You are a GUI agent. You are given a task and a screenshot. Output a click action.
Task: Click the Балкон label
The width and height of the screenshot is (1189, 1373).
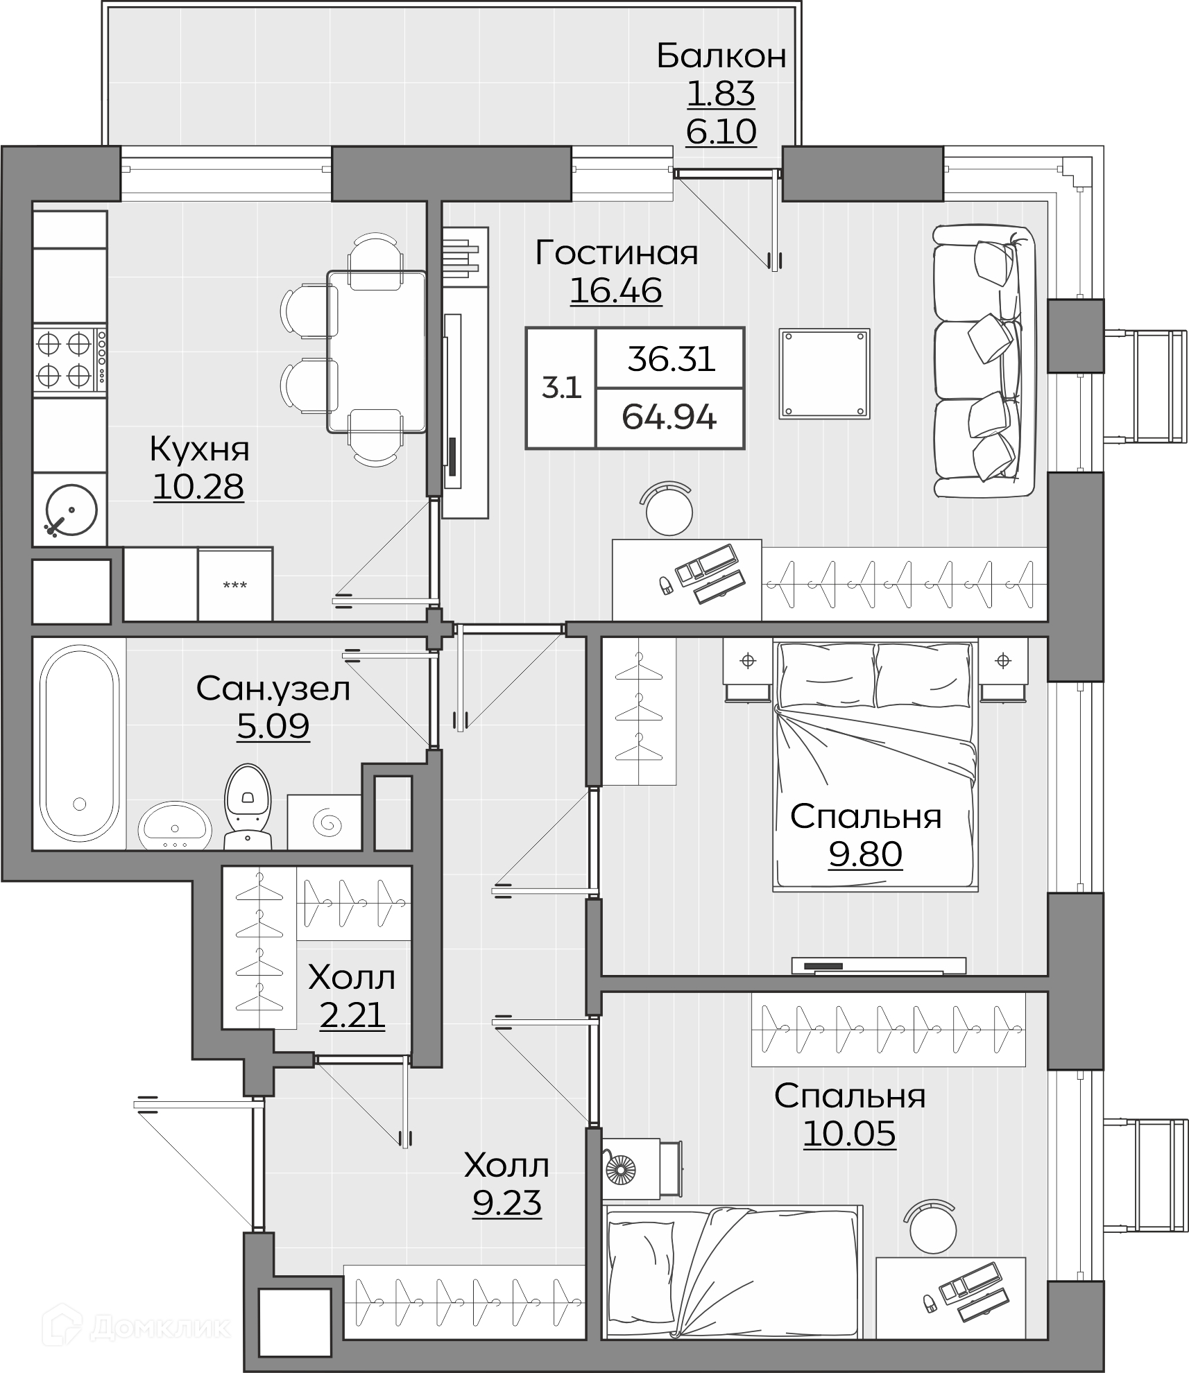(x=721, y=56)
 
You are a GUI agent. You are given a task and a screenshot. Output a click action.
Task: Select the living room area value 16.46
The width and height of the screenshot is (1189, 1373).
(x=616, y=291)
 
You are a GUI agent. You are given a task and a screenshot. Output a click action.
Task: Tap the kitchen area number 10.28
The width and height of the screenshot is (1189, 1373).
(x=198, y=487)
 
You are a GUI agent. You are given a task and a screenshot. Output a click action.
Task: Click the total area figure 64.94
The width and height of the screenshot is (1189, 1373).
(x=669, y=417)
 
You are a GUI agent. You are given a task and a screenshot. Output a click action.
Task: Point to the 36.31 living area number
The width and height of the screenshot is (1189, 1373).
(x=672, y=359)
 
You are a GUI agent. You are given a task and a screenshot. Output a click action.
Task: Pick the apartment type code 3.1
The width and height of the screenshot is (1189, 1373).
(x=561, y=388)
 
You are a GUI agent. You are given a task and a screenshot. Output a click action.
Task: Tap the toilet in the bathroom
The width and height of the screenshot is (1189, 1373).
(x=248, y=806)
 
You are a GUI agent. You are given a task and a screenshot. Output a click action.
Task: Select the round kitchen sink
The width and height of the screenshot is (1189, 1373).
(x=71, y=510)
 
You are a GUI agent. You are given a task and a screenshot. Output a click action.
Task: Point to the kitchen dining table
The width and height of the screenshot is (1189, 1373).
(x=377, y=352)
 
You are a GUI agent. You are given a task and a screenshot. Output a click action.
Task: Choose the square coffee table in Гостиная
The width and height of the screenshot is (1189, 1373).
(x=824, y=374)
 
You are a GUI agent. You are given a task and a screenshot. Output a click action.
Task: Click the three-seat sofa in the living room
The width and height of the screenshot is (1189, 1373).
(x=984, y=362)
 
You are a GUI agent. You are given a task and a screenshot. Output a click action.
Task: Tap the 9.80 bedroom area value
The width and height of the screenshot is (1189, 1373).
(x=866, y=854)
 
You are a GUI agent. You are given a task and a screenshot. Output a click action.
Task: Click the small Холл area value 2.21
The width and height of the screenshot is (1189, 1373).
(x=352, y=1017)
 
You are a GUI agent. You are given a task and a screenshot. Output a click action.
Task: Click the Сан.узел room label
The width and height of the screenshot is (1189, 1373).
(x=273, y=689)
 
